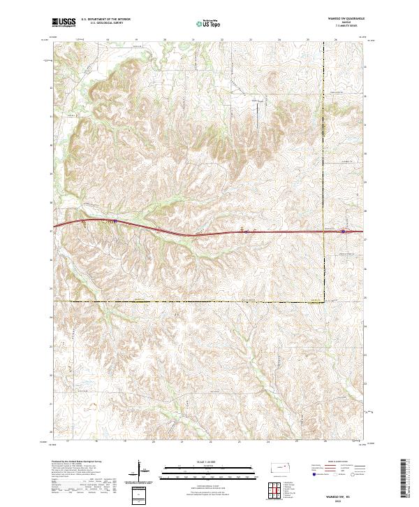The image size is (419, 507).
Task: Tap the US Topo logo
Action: pyautogui.click(x=206, y=23)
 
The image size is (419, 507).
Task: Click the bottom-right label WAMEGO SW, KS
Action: pyautogui.click(x=347, y=493)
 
